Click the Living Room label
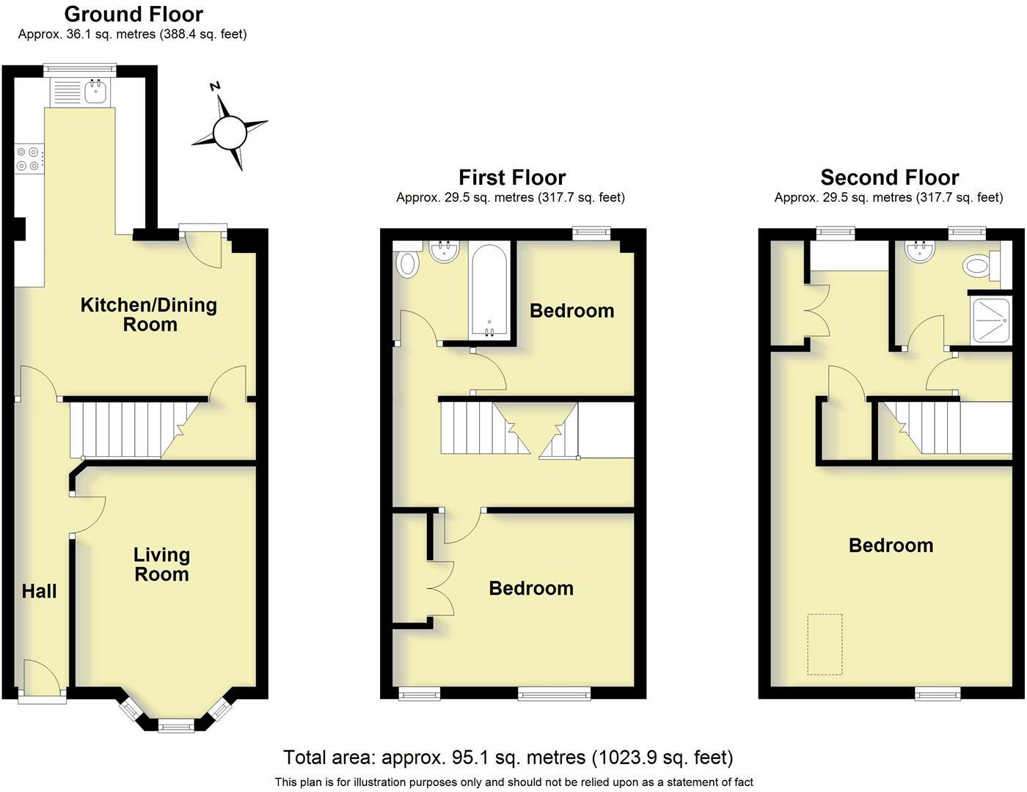click(161, 565)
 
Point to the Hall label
click(39, 591)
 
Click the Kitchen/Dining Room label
click(149, 315)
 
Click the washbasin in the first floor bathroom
click(444, 252)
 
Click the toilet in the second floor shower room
click(979, 265)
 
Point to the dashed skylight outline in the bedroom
click(825, 644)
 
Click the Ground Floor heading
click(134, 14)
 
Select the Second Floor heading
click(889, 177)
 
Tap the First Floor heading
click(512, 177)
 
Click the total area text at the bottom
click(508, 757)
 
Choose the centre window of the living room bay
click(176, 726)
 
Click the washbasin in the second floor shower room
click(919, 252)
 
